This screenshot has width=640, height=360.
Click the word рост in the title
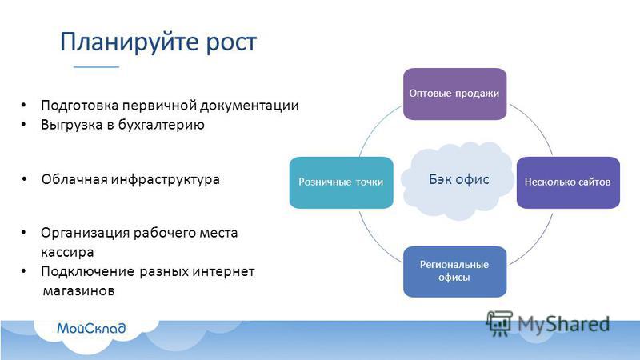pos(231,43)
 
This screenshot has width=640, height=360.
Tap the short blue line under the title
pos(96,66)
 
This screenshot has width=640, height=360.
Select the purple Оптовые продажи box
pos(454,94)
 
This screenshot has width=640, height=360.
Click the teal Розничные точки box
pos(342,182)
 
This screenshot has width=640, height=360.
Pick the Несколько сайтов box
pos(568,182)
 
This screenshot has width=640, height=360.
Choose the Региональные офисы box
pos(454,271)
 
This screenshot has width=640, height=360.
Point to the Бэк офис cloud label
pos(458,179)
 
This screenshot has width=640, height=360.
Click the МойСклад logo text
pos(91,328)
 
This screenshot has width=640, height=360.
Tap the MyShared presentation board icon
pos(499,324)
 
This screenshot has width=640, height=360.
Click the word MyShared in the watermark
pos(564,324)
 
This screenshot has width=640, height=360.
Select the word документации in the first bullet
pos(250,106)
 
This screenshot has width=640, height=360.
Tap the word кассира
pos(67,252)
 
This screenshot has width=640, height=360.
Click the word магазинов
pos(78,291)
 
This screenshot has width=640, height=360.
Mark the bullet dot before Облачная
pos(25,178)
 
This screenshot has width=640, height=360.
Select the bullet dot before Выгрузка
pos(24,124)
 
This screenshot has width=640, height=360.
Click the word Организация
pos(85,233)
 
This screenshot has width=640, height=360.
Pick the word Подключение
pos(88,272)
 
